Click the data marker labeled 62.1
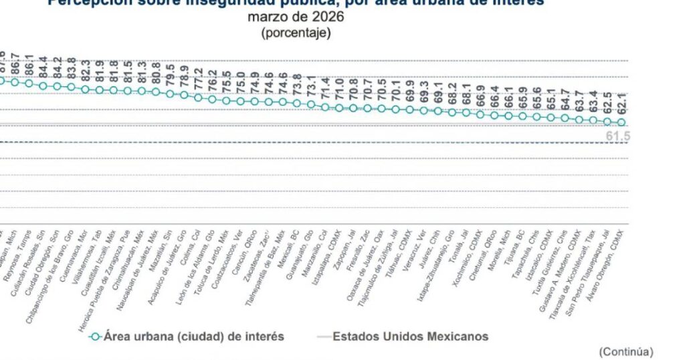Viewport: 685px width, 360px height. (x=621, y=122)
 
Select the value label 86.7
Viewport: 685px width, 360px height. (x=15, y=64)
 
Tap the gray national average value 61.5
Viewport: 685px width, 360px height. (x=618, y=137)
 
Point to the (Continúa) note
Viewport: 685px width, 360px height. (x=625, y=351)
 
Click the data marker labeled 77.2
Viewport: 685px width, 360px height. (x=198, y=97)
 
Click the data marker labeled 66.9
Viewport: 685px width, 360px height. (x=480, y=114)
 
